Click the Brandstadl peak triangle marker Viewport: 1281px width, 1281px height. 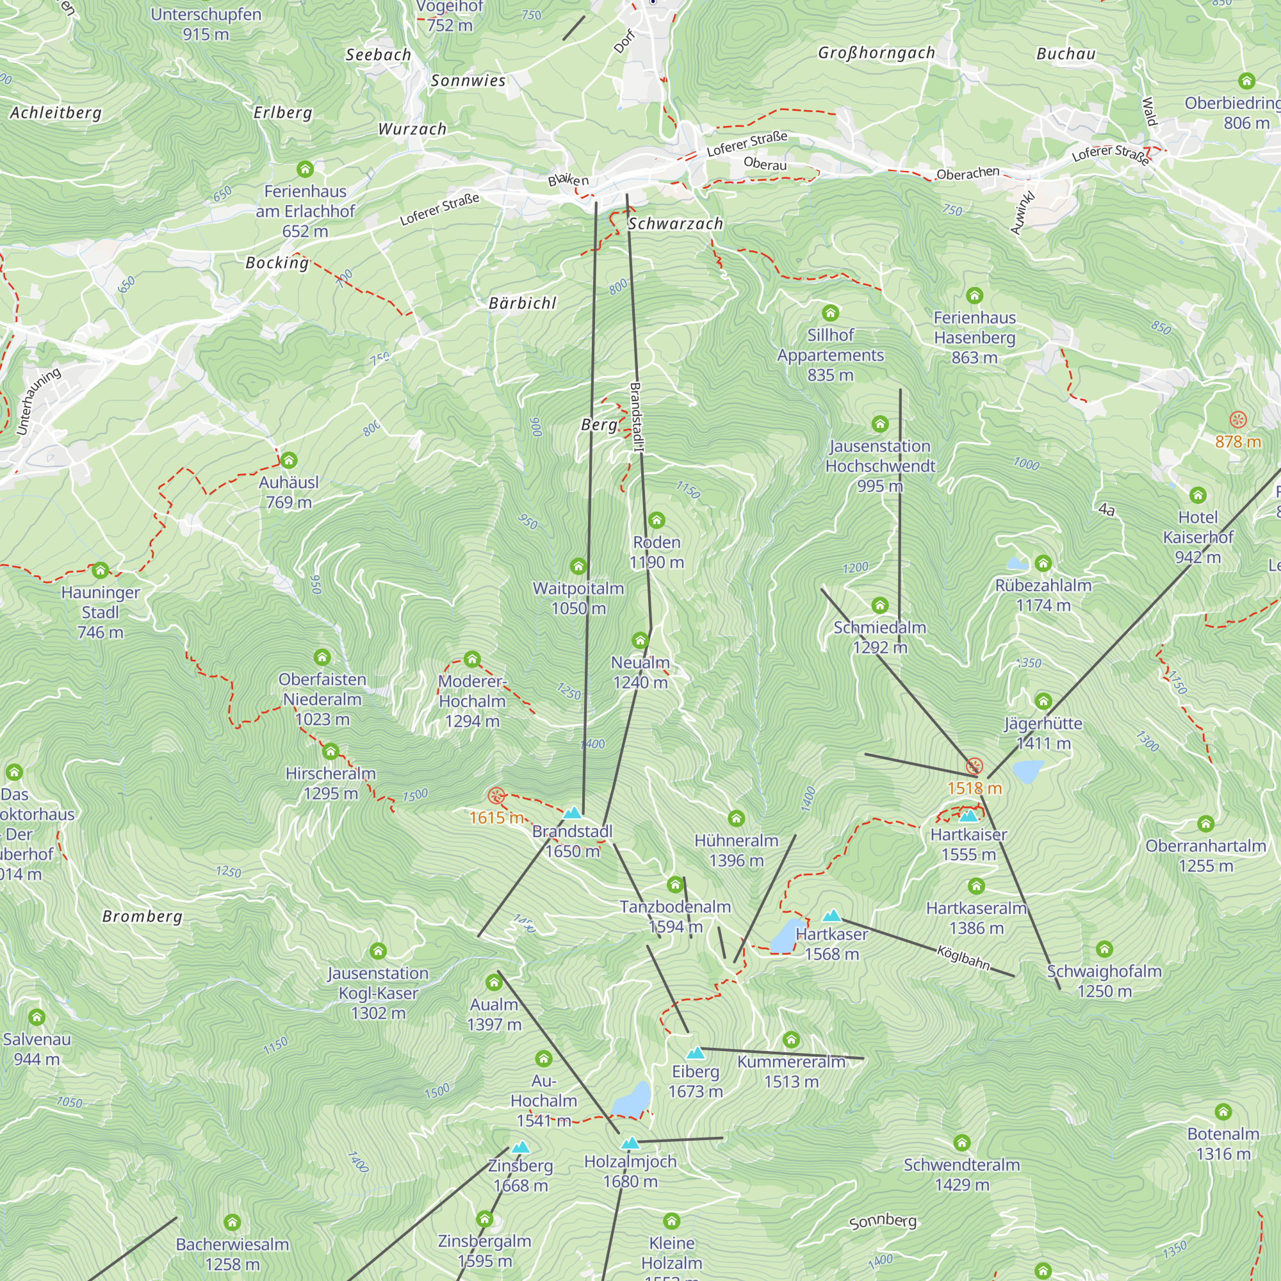pyautogui.click(x=572, y=813)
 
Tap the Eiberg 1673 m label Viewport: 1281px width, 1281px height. pyautogui.click(x=695, y=1081)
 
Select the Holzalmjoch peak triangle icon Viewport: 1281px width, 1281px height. pyautogui.click(x=630, y=1143)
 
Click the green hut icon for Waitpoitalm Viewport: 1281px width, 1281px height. pyautogui.click(x=578, y=566)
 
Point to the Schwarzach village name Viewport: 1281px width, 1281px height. pyautogui.click(x=675, y=224)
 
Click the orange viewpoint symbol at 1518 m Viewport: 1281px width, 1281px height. pyautogui.click(x=974, y=767)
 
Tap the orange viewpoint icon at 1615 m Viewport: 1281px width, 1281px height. pyautogui.click(x=496, y=796)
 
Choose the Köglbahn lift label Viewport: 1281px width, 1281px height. pyautogui.click(x=963, y=958)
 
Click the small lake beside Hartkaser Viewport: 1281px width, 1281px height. pyautogui.click(x=788, y=935)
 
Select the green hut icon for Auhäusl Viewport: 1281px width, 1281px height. pyautogui.click(x=288, y=460)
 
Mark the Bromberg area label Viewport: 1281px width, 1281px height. pyautogui.click(x=142, y=917)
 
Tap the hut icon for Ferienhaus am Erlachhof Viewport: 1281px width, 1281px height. pyautogui.click(x=305, y=169)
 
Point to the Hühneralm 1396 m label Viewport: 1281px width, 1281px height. pyautogui.click(x=736, y=850)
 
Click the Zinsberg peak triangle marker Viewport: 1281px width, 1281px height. pyautogui.click(x=521, y=1147)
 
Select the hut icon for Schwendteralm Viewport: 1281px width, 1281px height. pyautogui.click(x=961, y=1143)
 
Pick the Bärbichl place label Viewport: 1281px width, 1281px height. pyautogui.click(x=522, y=304)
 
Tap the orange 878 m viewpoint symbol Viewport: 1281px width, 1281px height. pyautogui.click(x=1238, y=419)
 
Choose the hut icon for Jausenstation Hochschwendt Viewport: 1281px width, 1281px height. pyautogui.click(x=880, y=423)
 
